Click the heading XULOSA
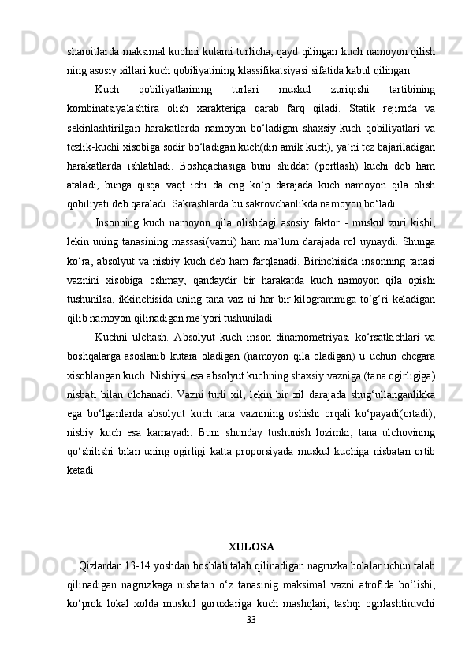point(251,546)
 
